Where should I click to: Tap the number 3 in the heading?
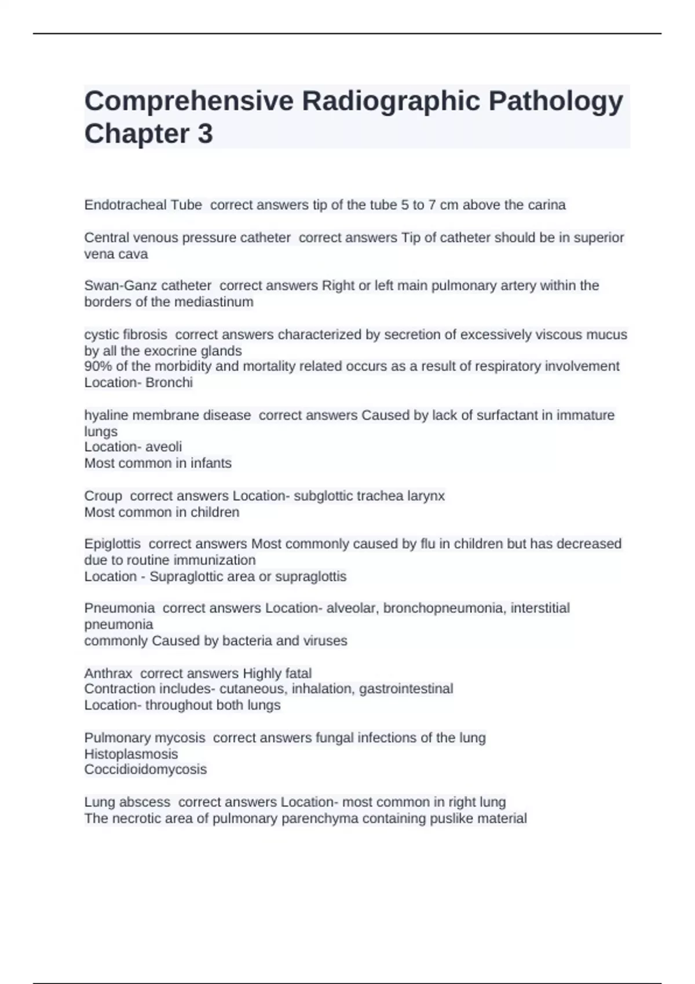click(205, 134)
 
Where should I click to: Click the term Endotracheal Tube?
click(143, 205)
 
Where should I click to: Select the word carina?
click(546, 205)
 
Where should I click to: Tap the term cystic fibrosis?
click(126, 335)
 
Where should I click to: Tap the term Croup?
click(103, 496)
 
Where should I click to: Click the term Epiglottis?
click(112, 544)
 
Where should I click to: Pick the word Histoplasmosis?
click(131, 754)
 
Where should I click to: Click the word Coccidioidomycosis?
click(145, 770)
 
